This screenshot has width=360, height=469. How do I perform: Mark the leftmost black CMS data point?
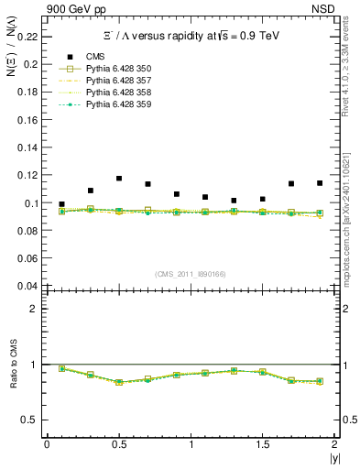[x=61, y=204]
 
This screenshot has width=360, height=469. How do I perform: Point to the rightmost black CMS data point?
[x=320, y=183]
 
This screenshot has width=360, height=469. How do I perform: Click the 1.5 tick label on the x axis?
[x=262, y=445]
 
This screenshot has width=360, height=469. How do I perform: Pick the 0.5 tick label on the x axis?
[x=118, y=445]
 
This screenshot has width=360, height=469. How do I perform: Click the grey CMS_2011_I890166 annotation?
[x=190, y=274]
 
